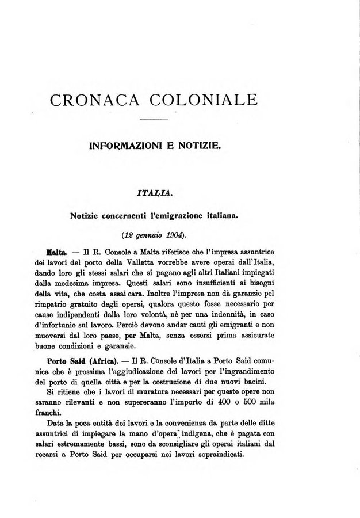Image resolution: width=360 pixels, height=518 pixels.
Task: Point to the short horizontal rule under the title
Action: tap(154, 119)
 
